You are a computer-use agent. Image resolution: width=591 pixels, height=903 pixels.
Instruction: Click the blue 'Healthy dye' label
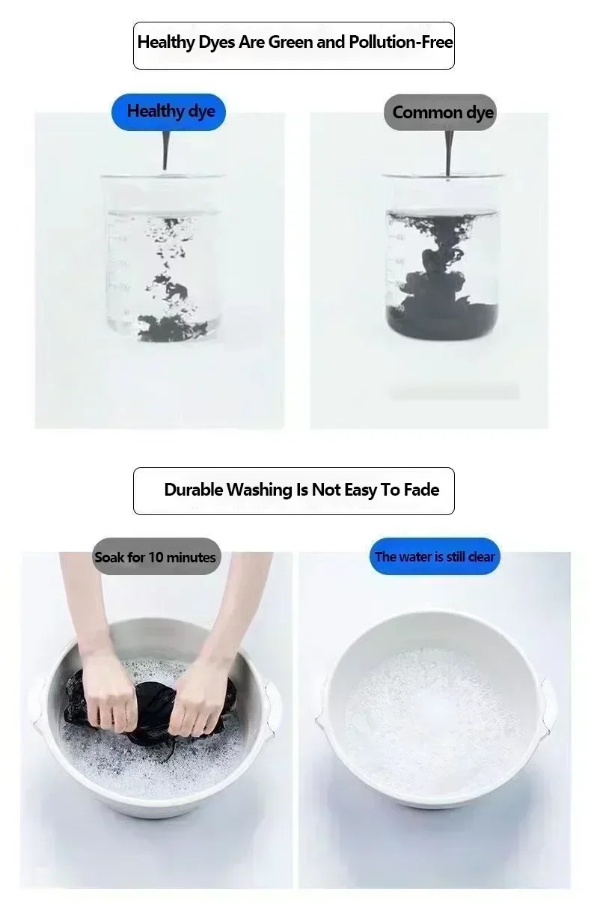coord(168,112)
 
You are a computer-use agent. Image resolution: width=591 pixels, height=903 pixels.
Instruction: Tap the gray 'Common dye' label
coord(440,112)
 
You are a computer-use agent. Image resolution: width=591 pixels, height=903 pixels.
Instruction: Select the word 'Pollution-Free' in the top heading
coord(400,42)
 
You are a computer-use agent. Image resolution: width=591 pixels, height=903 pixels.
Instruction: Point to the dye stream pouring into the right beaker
coord(448,153)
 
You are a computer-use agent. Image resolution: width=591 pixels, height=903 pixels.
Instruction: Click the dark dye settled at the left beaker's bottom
coord(171,327)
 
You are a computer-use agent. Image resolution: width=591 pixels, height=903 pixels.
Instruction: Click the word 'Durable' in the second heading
coord(193,490)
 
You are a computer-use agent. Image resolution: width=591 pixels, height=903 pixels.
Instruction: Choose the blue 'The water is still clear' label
coord(435,556)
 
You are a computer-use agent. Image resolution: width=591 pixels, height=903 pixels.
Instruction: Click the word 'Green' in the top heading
coord(291,42)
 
